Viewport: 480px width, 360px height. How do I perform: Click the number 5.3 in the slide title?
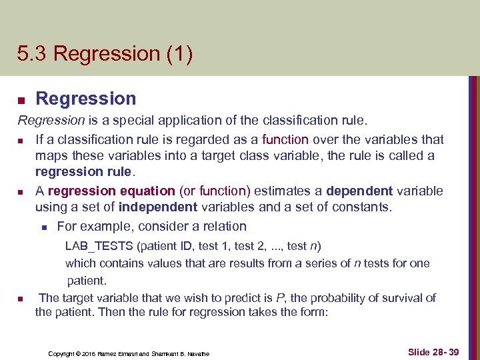[x=32, y=53]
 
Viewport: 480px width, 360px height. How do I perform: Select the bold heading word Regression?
[x=85, y=99]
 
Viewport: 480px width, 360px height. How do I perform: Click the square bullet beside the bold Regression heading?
[x=21, y=100]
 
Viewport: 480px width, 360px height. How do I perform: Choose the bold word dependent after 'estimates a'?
[x=359, y=191]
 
